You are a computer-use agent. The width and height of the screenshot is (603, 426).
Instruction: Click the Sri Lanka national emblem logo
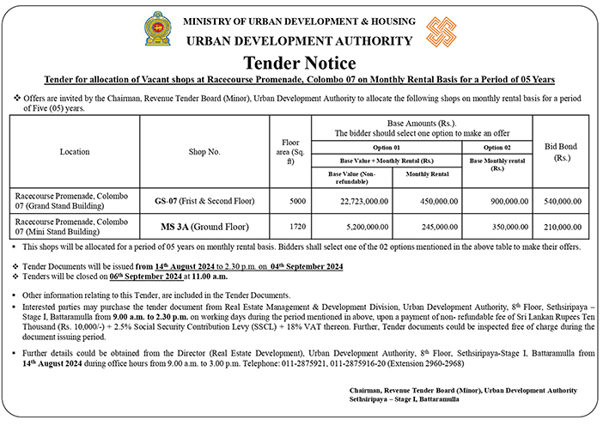pos(156,28)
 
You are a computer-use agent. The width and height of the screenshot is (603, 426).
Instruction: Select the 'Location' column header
pos(75,152)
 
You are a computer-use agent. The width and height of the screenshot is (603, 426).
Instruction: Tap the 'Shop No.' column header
pos(204,152)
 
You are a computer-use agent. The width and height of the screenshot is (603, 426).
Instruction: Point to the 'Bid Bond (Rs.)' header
pos(563,152)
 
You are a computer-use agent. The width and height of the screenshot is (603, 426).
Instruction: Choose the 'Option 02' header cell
pos(497,148)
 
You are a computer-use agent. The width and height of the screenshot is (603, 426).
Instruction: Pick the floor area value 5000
pos(297,200)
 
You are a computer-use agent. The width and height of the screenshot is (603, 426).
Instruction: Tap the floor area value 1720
pos(297,227)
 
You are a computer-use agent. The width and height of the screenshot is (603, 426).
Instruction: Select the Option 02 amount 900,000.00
pos(503,200)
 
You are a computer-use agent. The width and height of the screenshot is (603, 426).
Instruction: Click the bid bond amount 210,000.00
pos(563,227)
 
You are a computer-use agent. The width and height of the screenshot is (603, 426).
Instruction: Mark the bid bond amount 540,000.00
pos(563,200)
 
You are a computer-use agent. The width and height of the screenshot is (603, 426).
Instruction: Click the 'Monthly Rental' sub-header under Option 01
pos(427,174)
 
